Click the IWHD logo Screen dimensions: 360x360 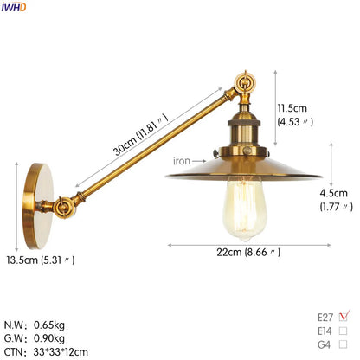13,7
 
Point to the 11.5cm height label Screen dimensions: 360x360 292,108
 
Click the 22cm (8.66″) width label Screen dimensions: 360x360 249,252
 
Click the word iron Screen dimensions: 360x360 181,160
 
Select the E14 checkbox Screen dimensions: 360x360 344,331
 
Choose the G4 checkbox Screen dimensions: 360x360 344,345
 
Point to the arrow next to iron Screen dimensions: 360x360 202,160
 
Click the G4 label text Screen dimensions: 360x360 325,345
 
